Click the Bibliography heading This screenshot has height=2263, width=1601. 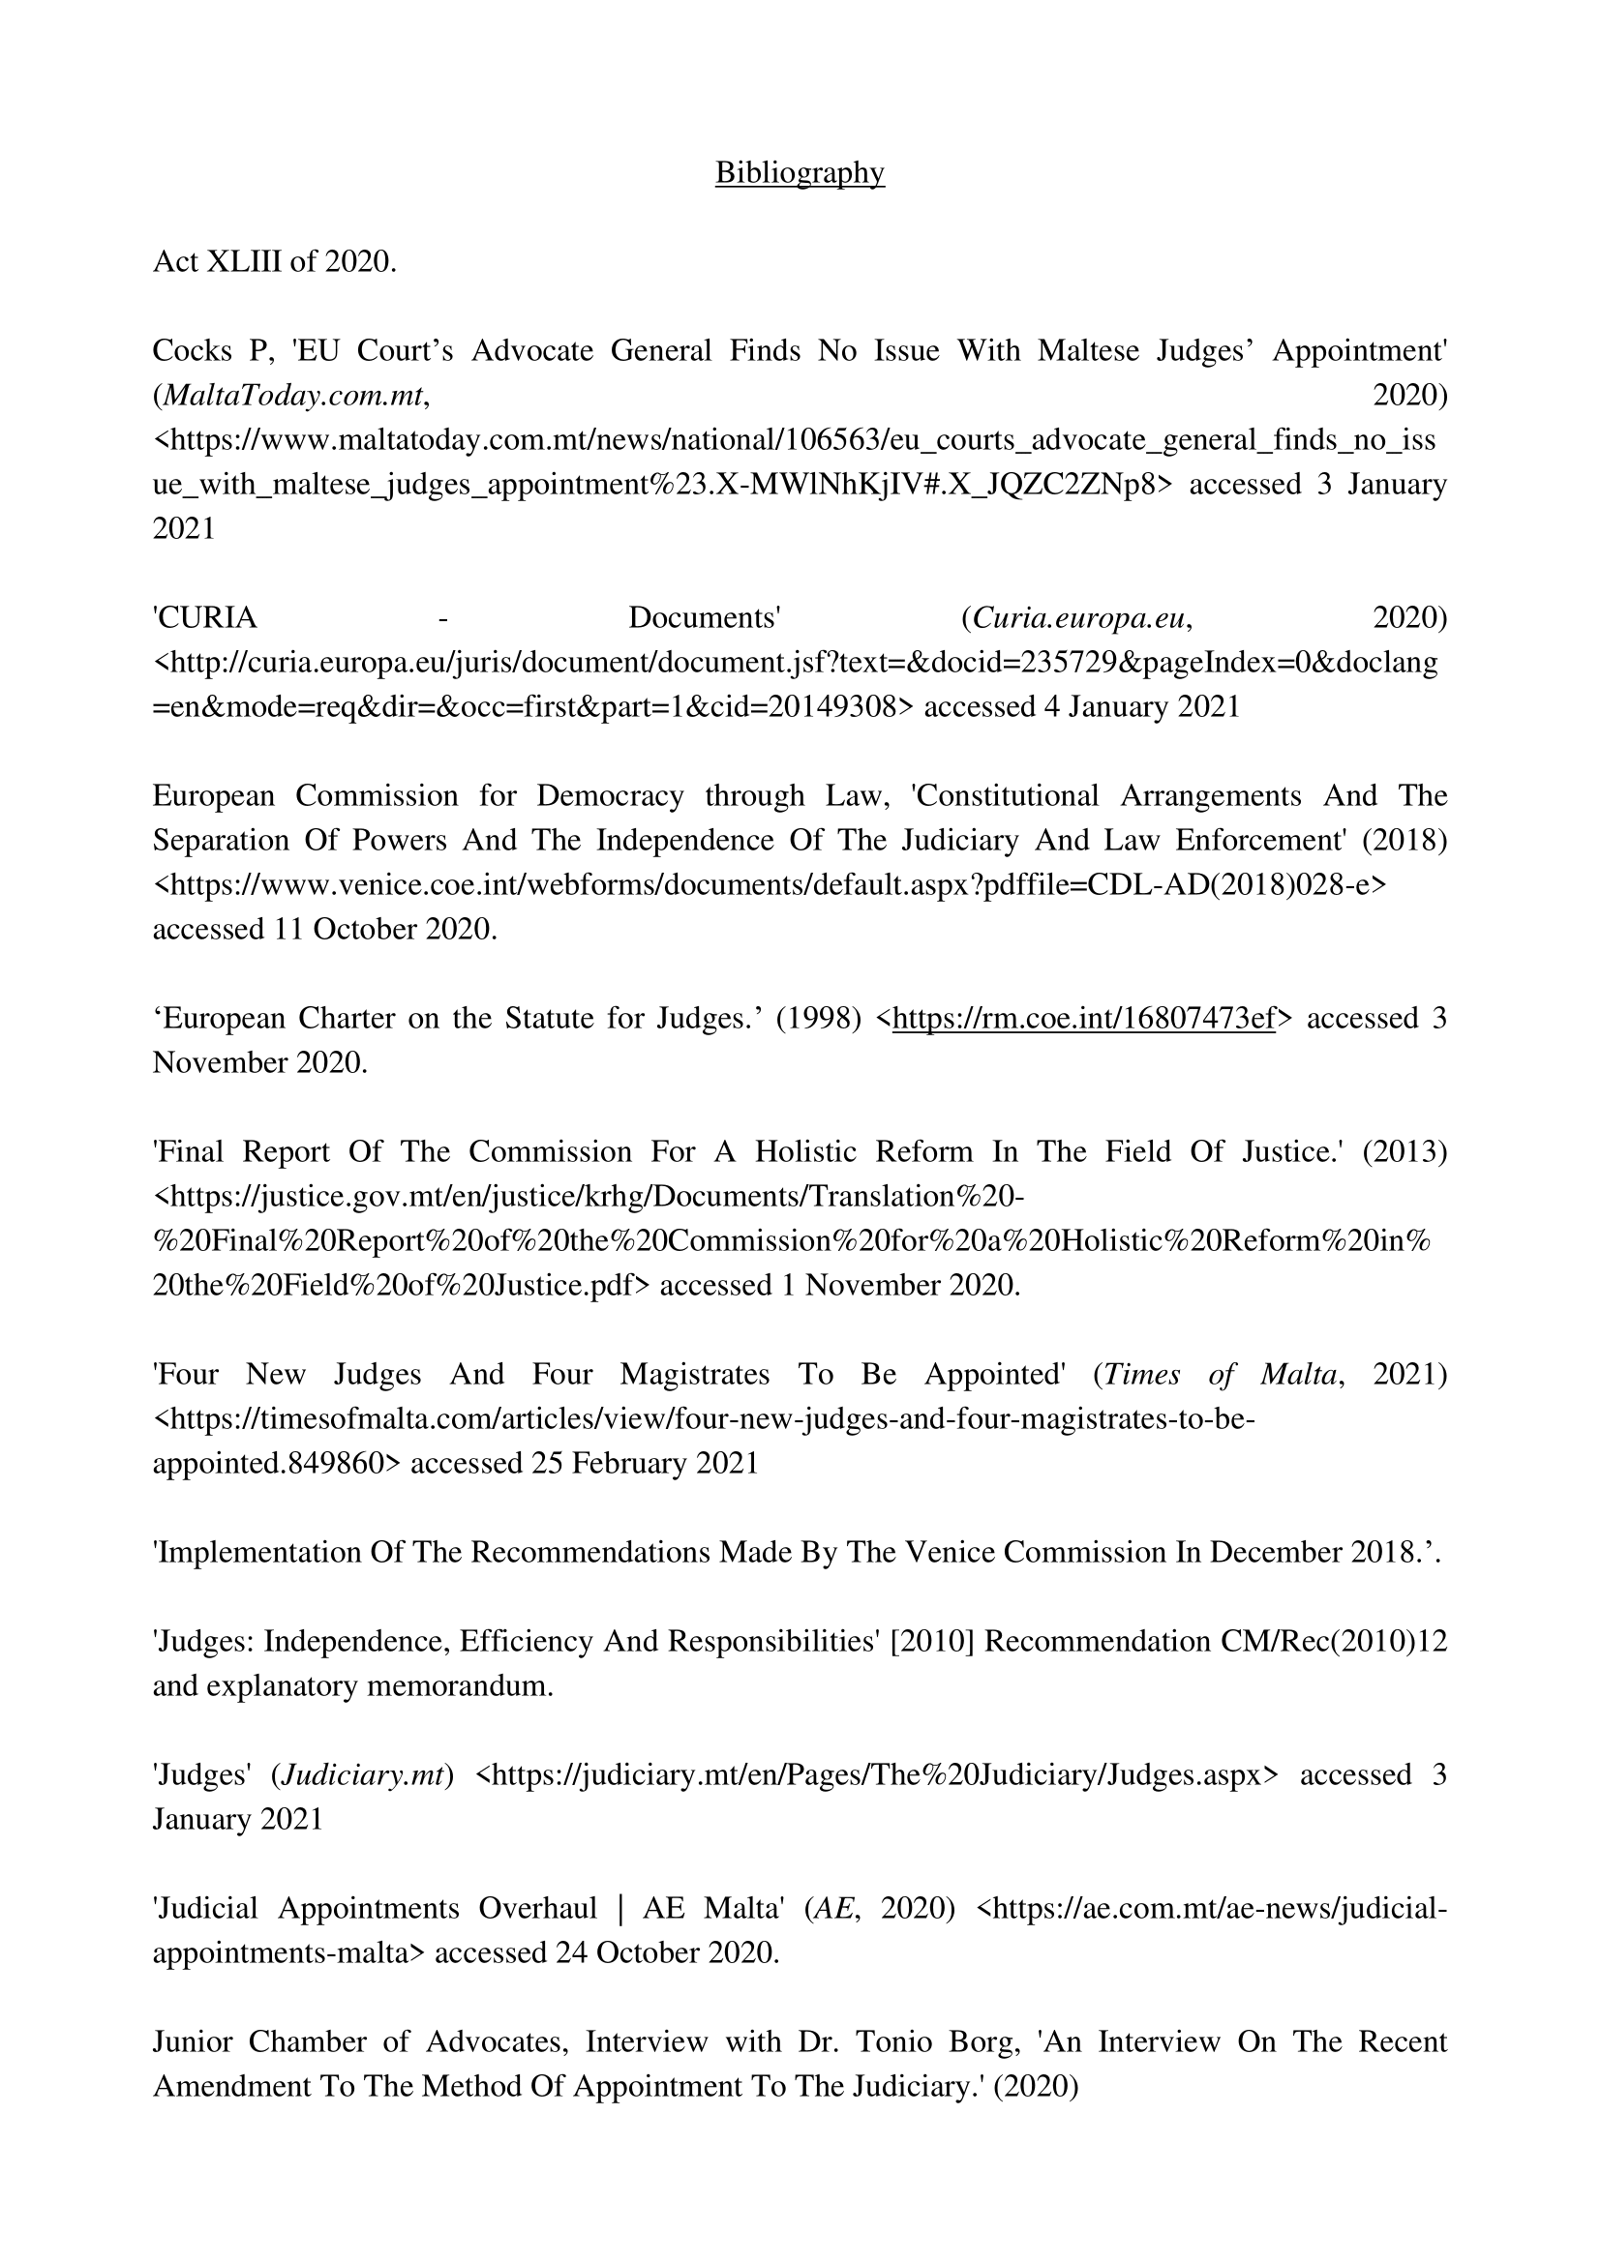(800, 172)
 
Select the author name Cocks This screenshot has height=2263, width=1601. (184, 351)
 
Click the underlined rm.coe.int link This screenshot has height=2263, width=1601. (1083, 1018)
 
